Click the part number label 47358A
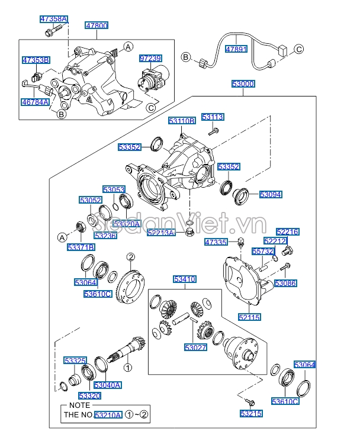click(53, 19)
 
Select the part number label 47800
click(97, 26)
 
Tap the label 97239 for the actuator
click(150, 58)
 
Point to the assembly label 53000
click(243, 85)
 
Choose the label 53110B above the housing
click(181, 121)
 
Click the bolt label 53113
click(213, 117)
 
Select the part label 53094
click(270, 194)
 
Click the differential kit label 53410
click(184, 279)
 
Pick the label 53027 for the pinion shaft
click(195, 348)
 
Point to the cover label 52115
click(249, 318)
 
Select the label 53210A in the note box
click(108, 415)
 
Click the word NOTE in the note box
click(75, 406)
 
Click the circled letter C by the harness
click(299, 49)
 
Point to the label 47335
click(216, 242)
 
